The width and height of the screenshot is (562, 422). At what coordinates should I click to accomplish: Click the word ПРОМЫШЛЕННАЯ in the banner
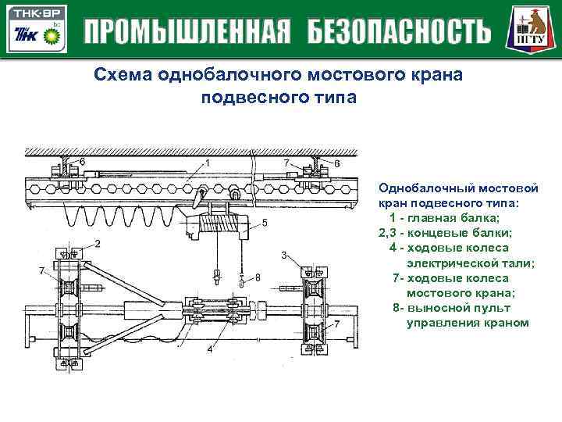coord(187,32)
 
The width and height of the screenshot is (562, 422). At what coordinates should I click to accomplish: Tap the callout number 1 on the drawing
coord(208,163)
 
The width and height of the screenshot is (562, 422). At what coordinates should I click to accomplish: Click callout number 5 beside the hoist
coord(265,223)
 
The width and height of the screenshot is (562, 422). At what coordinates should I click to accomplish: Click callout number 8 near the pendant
coord(258,277)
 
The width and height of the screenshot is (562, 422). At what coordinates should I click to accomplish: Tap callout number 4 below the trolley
coord(209,349)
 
